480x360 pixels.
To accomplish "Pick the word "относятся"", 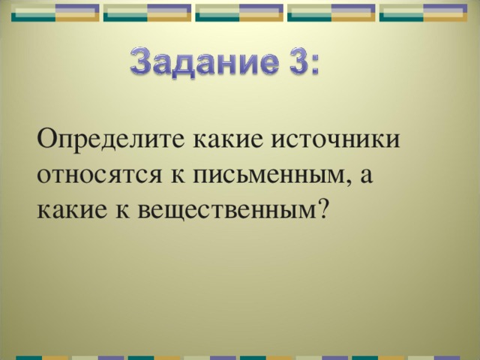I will click(x=94, y=176).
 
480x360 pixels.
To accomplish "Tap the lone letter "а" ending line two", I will click(x=367, y=178).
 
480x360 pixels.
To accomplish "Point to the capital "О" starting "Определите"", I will click(x=46, y=139).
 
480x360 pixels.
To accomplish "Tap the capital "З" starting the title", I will click(x=142, y=59).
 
